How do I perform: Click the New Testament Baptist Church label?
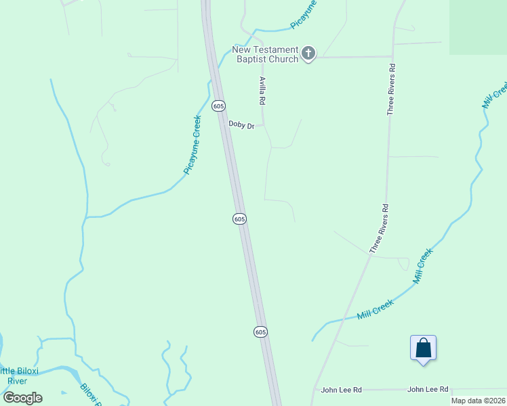(x=265, y=54)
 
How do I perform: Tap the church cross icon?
(x=308, y=53)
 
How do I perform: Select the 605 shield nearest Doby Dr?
(x=218, y=106)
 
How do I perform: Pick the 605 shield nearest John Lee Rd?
(x=261, y=332)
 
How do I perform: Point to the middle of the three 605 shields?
(x=239, y=219)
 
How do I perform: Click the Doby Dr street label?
(x=241, y=125)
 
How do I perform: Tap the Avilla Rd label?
(x=262, y=90)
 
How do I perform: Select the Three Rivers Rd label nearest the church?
(x=391, y=89)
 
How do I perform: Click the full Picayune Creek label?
(x=193, y=145)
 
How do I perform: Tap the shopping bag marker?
(x=423, y=348)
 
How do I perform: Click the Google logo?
(x=22, y=397)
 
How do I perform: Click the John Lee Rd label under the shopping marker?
(x=428, y=390)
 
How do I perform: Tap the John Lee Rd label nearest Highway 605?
(x=342, y=390)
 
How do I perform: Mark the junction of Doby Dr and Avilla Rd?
(x=263, y=125)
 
